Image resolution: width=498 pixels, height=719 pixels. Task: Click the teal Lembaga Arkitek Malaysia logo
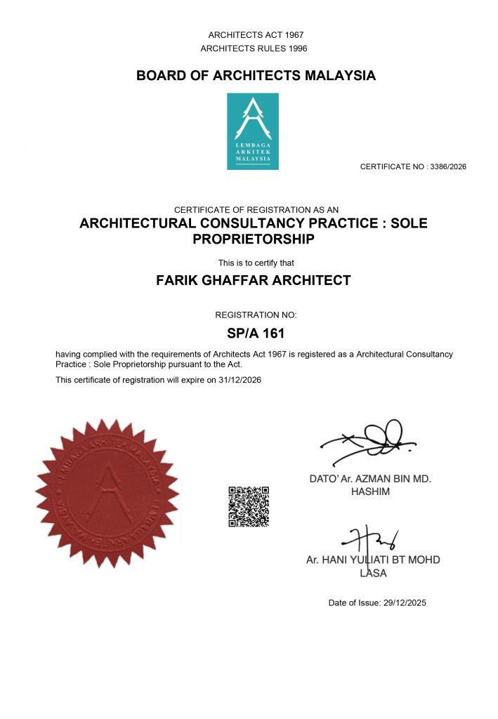click(252, 131)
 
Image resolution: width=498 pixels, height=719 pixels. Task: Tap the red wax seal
click(107, 494)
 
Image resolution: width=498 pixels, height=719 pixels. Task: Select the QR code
click(249, 506)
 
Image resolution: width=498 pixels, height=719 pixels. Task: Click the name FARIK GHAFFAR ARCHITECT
click(252, 281)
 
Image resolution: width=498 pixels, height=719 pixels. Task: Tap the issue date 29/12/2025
click(402, 602)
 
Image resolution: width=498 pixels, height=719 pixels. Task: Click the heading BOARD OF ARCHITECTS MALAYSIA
click(256, 76)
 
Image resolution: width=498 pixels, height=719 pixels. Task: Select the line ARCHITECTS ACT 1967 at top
click(256, 35)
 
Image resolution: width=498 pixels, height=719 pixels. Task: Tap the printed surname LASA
click(372, 574)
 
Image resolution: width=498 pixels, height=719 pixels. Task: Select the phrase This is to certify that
click(256, 263)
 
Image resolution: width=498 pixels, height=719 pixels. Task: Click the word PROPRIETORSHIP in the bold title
click(253, 240)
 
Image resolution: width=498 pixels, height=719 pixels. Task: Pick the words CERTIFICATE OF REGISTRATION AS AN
click(256, 209)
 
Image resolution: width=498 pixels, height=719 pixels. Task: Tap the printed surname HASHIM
click(370, 492)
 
